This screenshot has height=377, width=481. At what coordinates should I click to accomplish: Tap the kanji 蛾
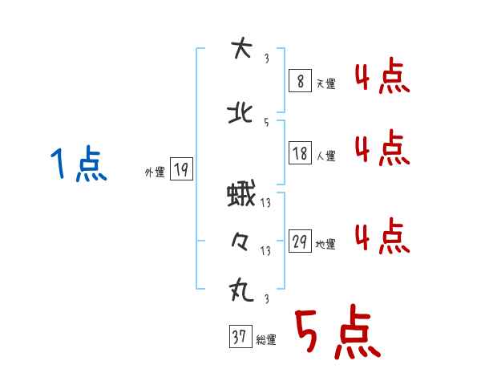pyautogui.click(x=240, y=195)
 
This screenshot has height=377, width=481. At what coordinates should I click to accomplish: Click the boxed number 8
pyautogui.click(x=300, y=81)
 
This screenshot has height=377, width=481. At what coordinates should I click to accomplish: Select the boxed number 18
pyautogui.click(x=300, y=153)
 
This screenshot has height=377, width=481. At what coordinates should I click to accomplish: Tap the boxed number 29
pyautogui.click(x=300, y=241)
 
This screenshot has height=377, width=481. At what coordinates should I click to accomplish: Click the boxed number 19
pyautogui.click(x=181, y=169)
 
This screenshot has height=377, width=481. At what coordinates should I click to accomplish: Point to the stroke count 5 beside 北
pyautogui.click(x=265, y=122)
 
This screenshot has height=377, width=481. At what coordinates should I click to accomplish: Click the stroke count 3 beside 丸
pyautogui.click(x=265, y=299)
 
